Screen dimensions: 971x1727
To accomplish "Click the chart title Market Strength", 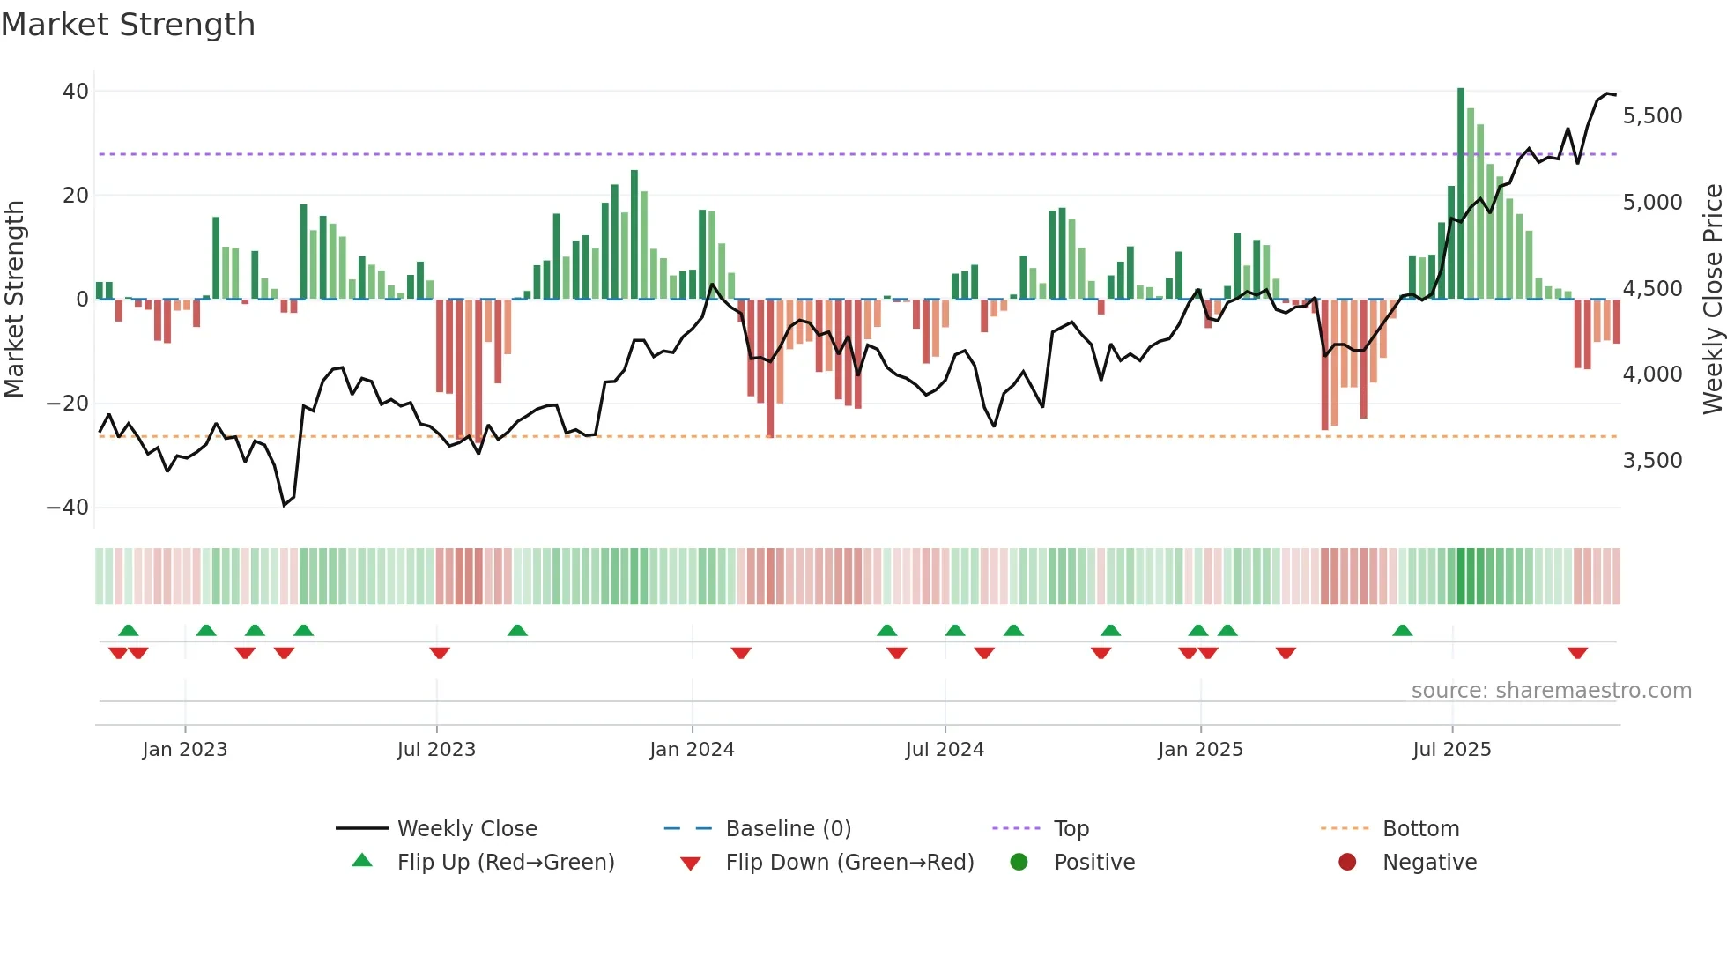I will coord(128,25).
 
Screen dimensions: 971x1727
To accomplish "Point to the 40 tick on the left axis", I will coord(76,92).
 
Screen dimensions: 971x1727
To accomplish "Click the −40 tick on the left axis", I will coord(68,508).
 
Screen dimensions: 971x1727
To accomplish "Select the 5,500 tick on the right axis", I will coord(1652,116).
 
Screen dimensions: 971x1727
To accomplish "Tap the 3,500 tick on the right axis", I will coord(1652,461).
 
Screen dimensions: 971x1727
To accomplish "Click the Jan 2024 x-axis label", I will coord(692,750).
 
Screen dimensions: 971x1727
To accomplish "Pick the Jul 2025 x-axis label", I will coord(1451,750).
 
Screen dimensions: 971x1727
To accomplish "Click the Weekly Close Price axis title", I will coord(1712,300).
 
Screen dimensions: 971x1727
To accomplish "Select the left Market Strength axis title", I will coord(15,300).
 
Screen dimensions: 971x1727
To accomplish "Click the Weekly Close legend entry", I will coord(467,829).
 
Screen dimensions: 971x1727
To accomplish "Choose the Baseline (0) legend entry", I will coord(788,829).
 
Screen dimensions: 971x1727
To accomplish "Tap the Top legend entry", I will coord(1071,829).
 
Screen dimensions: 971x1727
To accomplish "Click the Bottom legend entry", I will coord(1420,829).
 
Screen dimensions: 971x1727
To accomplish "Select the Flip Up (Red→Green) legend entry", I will coord(505,863).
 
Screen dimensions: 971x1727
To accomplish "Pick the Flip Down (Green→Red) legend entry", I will coord(849,863).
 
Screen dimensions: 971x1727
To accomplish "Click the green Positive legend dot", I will coord(1019,863).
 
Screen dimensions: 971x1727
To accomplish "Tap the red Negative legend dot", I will coord(1347,863).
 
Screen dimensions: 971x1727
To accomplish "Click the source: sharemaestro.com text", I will coord(1551,691).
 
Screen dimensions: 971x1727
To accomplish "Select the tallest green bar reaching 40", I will coord(1461,194).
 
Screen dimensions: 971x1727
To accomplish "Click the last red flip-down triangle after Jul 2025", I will coord(1577,653).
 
